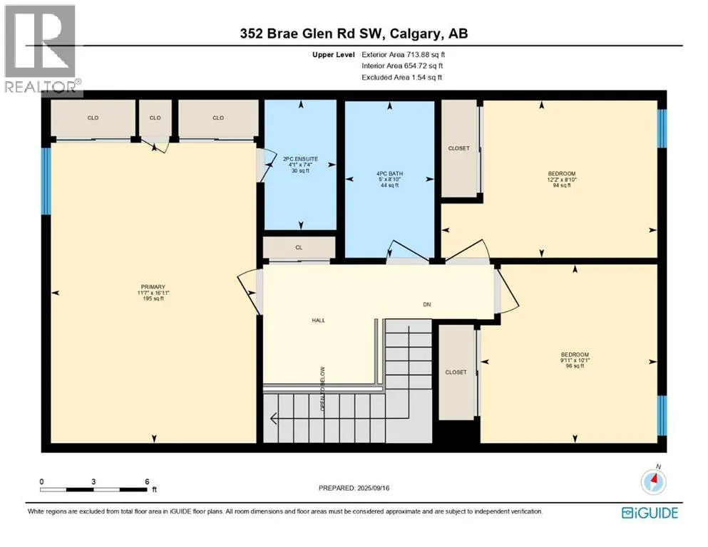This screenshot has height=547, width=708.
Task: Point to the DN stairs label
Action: point(426,304)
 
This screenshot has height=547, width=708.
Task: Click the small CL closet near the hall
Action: point(299,247)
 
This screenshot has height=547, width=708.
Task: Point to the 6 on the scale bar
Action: point(146,481)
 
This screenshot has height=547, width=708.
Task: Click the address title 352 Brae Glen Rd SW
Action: point(354,33)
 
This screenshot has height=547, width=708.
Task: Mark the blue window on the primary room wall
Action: point(46,180)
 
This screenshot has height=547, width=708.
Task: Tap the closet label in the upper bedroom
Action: point(458,148)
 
